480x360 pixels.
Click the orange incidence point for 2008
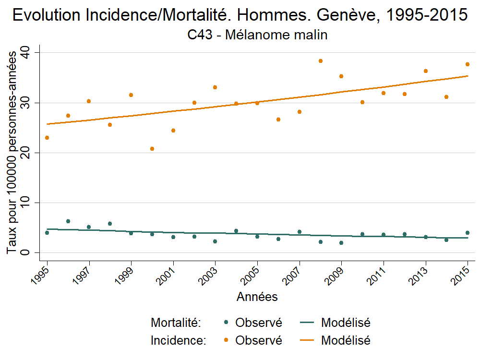(x=321, y=61)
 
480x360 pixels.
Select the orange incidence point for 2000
(x=152, y=149)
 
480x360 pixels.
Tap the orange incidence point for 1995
(x=47, y=138)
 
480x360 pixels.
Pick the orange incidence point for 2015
(x=468, y=64)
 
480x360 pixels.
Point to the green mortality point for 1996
(x=68, y=221)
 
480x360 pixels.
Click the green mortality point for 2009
(x=341, y=243)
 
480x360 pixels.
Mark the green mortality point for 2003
(x=215, y=241)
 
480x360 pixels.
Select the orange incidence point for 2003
(x=215, y=87)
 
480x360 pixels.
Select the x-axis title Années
(x=257, y=297)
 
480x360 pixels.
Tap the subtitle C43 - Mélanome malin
(x=257, y=35)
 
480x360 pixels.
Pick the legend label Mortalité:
(x=175, y=323)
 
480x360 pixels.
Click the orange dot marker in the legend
(x=226, y=340)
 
